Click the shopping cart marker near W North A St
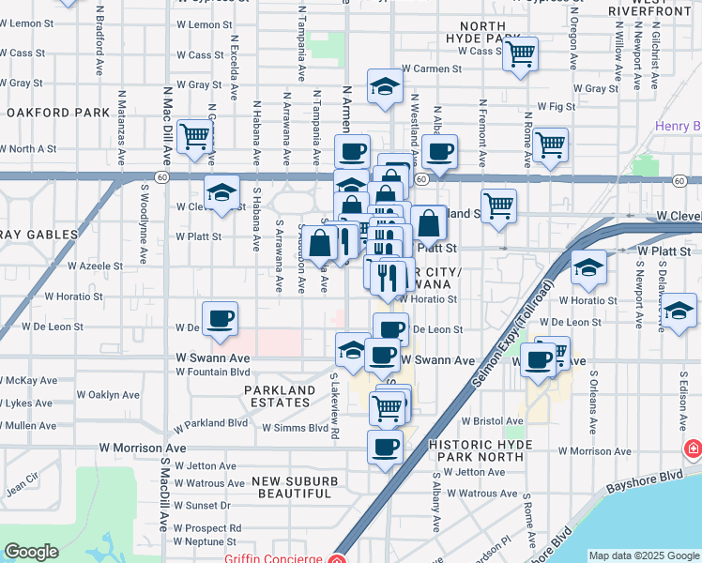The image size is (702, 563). pos(194,137)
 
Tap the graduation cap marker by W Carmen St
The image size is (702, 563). pos(385,87)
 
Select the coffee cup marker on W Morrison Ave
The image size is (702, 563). pos(384,449)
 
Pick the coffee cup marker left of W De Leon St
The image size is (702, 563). pos(221,319)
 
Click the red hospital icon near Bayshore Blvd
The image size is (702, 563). pos(693,449)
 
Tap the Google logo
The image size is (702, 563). pos(32,552)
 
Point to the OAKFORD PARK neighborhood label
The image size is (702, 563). pos(58,113)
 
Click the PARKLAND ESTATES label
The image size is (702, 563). pos(280,397)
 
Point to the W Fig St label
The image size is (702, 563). pos(556,108)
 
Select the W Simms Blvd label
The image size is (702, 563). pos(294,428)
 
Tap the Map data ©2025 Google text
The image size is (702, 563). pos(644,555)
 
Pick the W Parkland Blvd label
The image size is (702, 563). pos(212,423)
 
